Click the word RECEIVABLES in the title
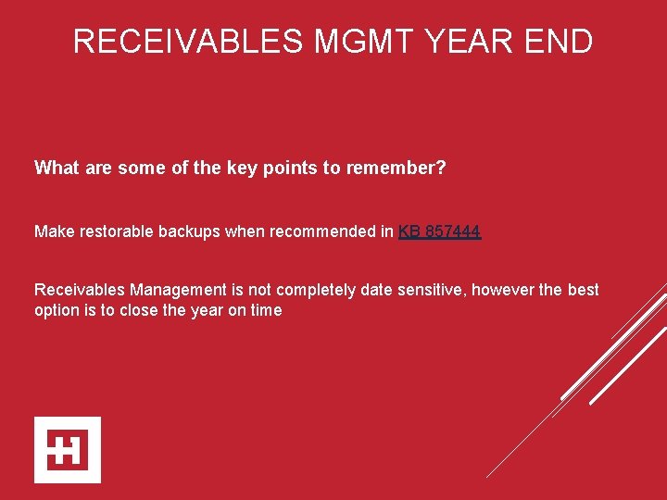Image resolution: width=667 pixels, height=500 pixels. tap(188, 42)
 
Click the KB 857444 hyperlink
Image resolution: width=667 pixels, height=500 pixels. tap(439, 231)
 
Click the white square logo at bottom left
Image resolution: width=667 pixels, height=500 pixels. tap(68, 450)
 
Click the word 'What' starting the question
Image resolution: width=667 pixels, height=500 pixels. tap(57, 168)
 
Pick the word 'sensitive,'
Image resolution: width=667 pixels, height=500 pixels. tap(433, 290)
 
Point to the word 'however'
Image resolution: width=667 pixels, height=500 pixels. tap(504, 290)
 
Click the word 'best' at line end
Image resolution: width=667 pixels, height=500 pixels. tap(583, 290)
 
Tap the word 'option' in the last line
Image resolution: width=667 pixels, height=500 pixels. tap(57, 310)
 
